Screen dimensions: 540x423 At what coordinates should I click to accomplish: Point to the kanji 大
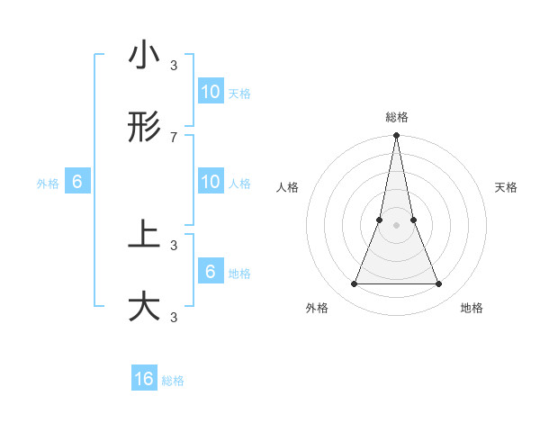(144, 306)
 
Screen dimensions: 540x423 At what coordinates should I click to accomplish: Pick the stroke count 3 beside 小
(174, 66)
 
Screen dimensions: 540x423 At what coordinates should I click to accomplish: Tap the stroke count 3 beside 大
(174, 317)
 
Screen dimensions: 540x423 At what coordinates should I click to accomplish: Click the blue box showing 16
(144, 380)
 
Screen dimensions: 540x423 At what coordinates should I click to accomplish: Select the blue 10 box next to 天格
(210, 92)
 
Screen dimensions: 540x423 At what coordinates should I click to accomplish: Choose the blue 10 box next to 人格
(210, 182)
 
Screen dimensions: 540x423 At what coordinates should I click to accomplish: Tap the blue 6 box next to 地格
(210, 272)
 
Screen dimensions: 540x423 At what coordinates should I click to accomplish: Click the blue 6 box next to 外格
(77, 182)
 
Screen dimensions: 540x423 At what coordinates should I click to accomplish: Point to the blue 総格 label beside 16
(173, 381)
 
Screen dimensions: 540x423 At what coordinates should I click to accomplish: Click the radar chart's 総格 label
(397, 117)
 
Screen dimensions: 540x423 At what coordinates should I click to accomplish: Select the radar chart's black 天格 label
(507, 187)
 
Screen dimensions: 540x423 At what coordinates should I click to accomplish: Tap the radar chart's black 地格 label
(472, 308)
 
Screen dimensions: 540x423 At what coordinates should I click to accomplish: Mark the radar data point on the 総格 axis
(396, 137)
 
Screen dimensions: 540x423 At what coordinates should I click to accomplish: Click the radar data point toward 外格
(354, 284)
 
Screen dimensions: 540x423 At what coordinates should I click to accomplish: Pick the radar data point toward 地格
(439, 284)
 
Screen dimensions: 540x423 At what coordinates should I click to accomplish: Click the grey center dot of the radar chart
(396, 225)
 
